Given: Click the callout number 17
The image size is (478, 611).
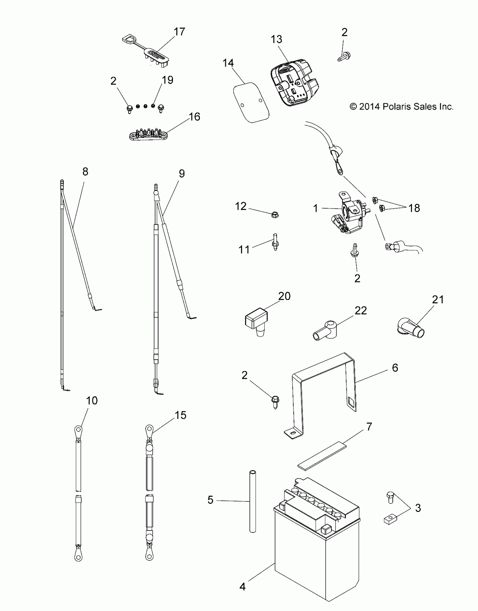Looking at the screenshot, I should click(x=179, y=32).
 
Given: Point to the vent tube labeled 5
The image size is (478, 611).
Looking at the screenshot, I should click(x=253, y=501).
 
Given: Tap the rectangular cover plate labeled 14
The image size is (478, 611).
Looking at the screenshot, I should click(x=251, y=103).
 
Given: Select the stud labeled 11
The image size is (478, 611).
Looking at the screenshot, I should click(x=275, y=242).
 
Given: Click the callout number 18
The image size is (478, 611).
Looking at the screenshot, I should click(x=414, y=208).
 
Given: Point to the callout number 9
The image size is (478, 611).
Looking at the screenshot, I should click(x=182, y=174).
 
